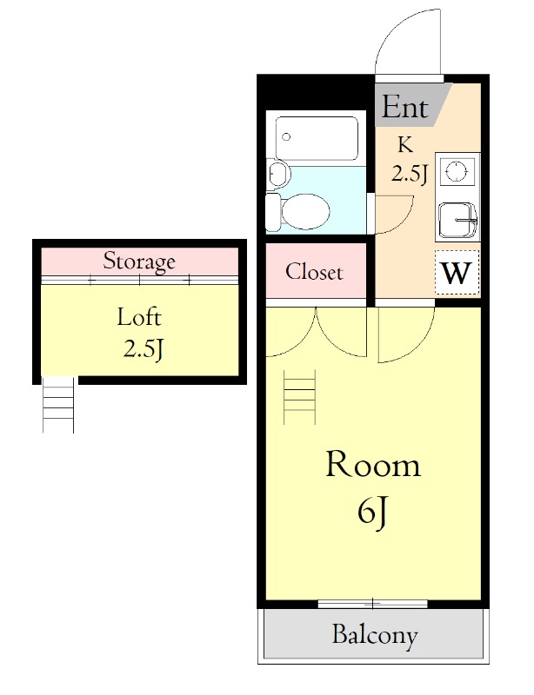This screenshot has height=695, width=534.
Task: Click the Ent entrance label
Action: (x=404, y=107)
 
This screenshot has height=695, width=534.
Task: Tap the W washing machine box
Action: (x=457, y=273)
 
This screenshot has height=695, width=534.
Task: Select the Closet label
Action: (x=314, y=272)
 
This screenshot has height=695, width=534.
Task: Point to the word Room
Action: (x=373, y=465)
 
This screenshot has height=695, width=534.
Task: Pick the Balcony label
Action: (x=375, y=635)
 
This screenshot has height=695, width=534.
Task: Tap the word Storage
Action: (x=139, y=261)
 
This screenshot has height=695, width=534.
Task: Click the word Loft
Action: (x=139, y=317)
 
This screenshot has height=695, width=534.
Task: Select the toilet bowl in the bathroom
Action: (x=297, y=211)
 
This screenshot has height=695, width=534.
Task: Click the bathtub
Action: (x=317, y=138)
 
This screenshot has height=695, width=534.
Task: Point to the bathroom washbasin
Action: (x=278, y=174)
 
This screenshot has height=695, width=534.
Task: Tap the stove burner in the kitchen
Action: (x=457, y=170)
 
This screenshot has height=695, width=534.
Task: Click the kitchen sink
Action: (x=457, y=221)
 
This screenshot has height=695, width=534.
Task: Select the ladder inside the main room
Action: (x=300, y=397)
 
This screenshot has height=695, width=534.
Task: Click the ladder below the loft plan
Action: (x=58, y=404)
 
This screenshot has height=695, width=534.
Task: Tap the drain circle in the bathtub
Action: (x=286, y=136)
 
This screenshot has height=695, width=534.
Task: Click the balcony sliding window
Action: (x=373, y=603)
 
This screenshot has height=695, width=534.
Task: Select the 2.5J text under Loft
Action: (x=143, y=350)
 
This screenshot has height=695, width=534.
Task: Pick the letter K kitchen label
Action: (x=405, y=145)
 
